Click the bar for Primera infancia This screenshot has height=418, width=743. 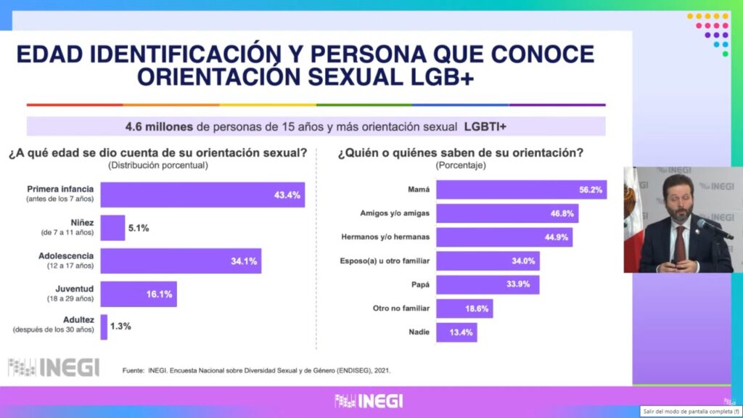202,194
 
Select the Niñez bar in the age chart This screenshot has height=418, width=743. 113,228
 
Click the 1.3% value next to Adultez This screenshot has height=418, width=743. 120,327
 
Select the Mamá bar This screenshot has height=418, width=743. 521,191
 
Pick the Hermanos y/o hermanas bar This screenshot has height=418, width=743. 504,237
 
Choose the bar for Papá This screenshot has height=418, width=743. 488,284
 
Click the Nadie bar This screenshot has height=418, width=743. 456,332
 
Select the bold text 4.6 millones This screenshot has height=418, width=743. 159,126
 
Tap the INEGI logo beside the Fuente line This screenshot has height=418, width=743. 54,367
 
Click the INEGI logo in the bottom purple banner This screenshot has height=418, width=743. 369,401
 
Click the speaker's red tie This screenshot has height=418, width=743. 680,245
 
